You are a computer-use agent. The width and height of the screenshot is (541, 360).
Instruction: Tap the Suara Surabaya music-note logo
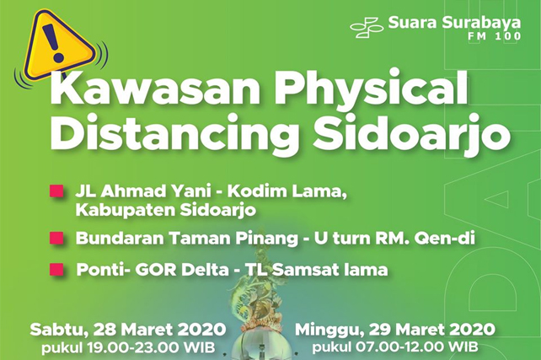(367, 27)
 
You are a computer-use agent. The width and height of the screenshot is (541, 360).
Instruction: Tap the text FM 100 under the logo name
(495, 36)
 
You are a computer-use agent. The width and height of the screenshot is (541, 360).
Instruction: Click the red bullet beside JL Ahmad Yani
(56, 191)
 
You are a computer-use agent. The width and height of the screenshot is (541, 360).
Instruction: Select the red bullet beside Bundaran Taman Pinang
(56, 238)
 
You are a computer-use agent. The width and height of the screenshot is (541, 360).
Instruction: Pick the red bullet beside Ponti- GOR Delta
(56, 269)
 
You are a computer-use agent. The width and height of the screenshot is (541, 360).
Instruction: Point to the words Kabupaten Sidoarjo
(166, 210)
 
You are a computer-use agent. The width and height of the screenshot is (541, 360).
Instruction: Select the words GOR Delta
(181, 270)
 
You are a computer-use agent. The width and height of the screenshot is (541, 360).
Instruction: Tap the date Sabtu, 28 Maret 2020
(127, 330)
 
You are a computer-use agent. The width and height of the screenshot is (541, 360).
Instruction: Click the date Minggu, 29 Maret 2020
(394, 330)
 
